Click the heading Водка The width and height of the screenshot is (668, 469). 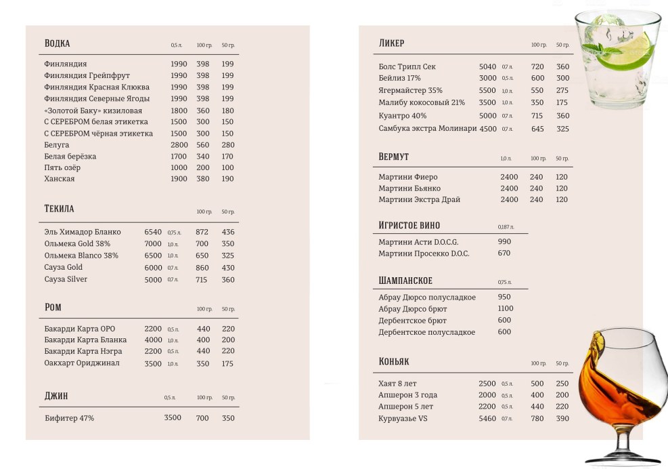point(57,43)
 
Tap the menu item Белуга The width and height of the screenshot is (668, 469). point(57,145)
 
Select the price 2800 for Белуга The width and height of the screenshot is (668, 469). point(179,145)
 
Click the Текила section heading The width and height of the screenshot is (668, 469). point(59,209)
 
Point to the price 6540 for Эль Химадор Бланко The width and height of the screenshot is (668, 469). point(153,232)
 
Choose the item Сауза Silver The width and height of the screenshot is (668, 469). point(66,279)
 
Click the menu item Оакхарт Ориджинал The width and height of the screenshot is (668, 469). point(82,363)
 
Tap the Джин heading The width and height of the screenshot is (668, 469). point(56,396)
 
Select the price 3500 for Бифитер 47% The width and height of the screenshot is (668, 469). point(173,417)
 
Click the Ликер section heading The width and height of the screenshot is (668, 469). point(391,43)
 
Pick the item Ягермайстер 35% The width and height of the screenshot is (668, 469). point(410,90)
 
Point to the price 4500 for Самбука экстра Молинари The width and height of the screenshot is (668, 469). point(487,129)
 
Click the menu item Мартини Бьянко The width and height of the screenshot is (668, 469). point(409,188)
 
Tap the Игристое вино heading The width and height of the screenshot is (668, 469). point(409,226)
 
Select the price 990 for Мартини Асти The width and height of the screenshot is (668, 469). point(504,241)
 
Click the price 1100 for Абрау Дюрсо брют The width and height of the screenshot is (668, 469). point(505,308)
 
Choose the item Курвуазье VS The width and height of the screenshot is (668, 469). point(403,418)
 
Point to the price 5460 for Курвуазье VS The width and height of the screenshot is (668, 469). point(487,418)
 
